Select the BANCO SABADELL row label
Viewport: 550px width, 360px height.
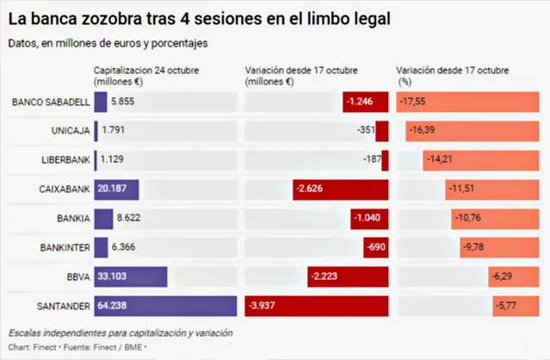51,102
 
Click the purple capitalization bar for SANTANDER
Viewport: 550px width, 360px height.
164,307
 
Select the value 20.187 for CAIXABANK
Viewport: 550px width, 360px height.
116,189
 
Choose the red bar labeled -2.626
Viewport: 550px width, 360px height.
341,189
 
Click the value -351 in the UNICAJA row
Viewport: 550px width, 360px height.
366,131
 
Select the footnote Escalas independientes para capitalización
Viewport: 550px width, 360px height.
120,333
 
